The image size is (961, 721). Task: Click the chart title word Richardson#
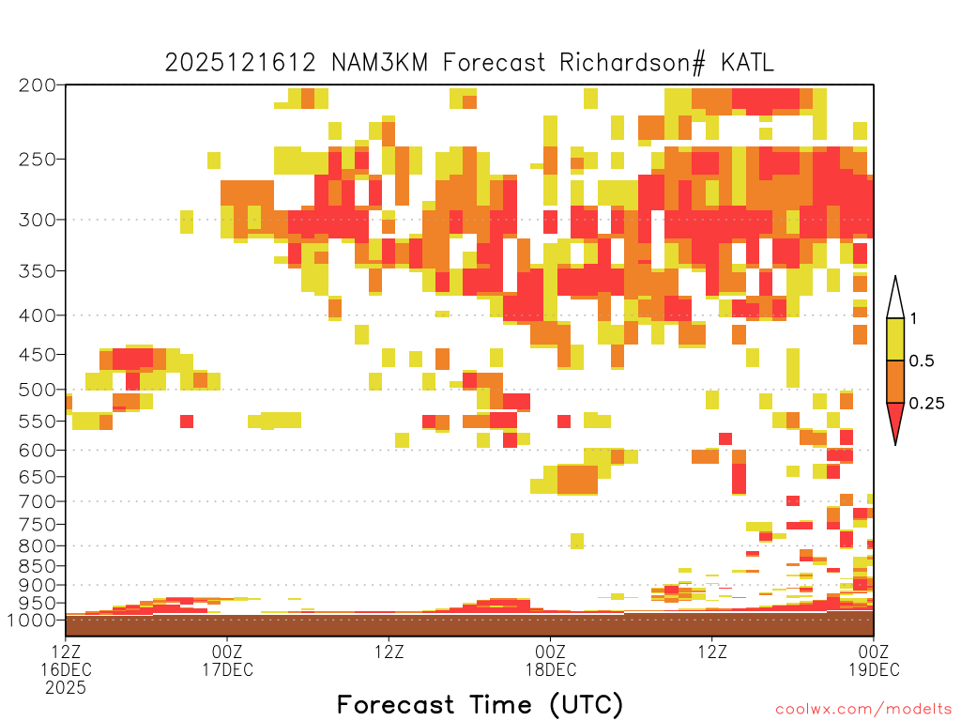click(632, 63)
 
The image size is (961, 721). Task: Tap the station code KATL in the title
click(747, 62)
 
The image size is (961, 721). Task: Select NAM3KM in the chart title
click(379, 62)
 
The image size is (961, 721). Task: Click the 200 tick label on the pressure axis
click(37, 85)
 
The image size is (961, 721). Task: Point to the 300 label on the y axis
click(37, 220)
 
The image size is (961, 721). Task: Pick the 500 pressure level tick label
click(37, 390)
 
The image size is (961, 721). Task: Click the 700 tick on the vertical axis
click(37, 501)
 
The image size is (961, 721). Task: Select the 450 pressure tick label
click(37, 354)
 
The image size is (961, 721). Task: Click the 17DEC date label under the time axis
click(227, 669)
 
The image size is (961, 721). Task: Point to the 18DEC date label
click(550, 669)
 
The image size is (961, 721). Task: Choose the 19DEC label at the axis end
click(874, 669)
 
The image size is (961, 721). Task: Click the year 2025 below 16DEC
click(66, 688)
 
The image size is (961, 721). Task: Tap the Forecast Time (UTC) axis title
click(480, 705)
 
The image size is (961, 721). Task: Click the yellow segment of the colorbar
click(895, 339)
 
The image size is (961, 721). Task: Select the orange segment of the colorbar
click(895, 381)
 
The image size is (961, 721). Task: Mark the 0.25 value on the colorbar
click(926, 404)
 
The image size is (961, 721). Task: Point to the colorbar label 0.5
click(922, 361)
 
